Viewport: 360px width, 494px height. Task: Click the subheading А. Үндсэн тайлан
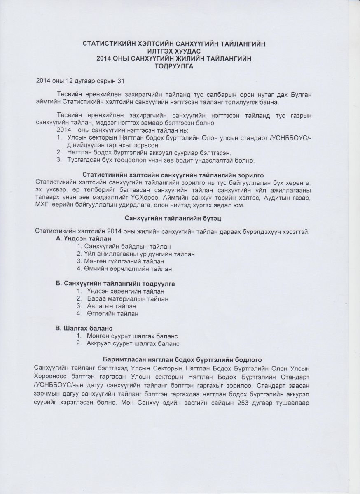coord(83,238)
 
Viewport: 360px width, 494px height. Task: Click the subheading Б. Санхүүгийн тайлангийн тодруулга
coord(115,284)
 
